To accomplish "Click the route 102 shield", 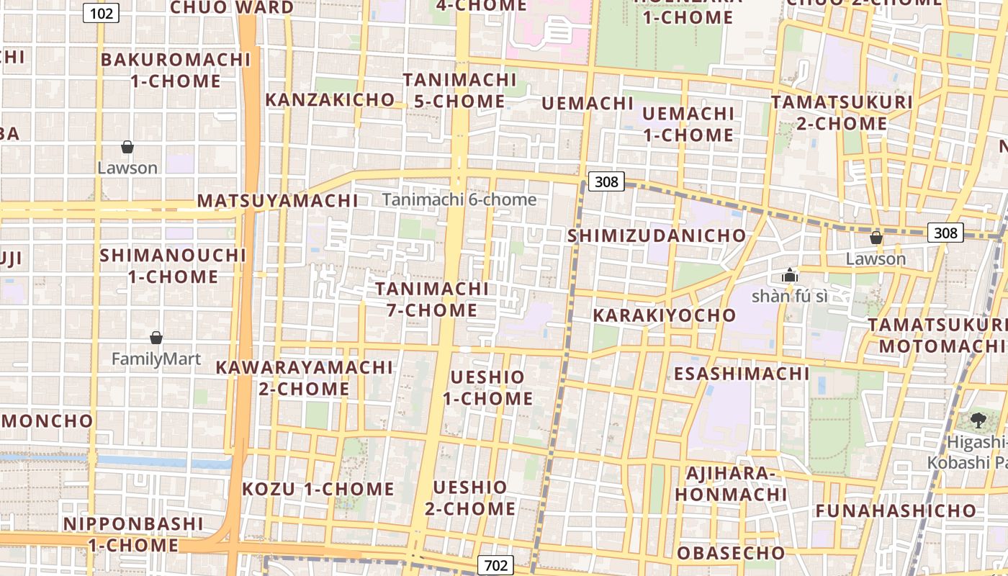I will pos(101,12).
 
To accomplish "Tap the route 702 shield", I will pos(495,565).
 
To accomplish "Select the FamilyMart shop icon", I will pos(156,338).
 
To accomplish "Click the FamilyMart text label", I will pos(156,359).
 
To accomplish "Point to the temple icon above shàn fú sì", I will pos(790,275).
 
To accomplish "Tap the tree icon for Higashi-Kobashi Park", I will pos(978,420).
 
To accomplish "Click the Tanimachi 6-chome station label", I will pos(459,199).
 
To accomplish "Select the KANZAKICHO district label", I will pos(330,100).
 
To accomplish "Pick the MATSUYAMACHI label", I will pos(277,201).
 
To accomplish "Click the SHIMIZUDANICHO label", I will pos(657,236).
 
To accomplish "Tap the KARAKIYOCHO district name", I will pos(665,315).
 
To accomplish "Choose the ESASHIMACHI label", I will pos(742,374).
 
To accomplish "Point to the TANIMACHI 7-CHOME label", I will pos(432,300).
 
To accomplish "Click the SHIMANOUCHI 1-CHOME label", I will pos(173,266).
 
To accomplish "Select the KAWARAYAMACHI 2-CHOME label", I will pos(305,378).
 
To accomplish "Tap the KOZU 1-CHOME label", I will pos(318,490).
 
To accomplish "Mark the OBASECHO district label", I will pos(731,553).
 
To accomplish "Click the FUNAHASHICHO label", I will pos(896,511).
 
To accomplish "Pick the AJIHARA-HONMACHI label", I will pos(731,484).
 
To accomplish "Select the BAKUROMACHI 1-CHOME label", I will pos(176,70).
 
